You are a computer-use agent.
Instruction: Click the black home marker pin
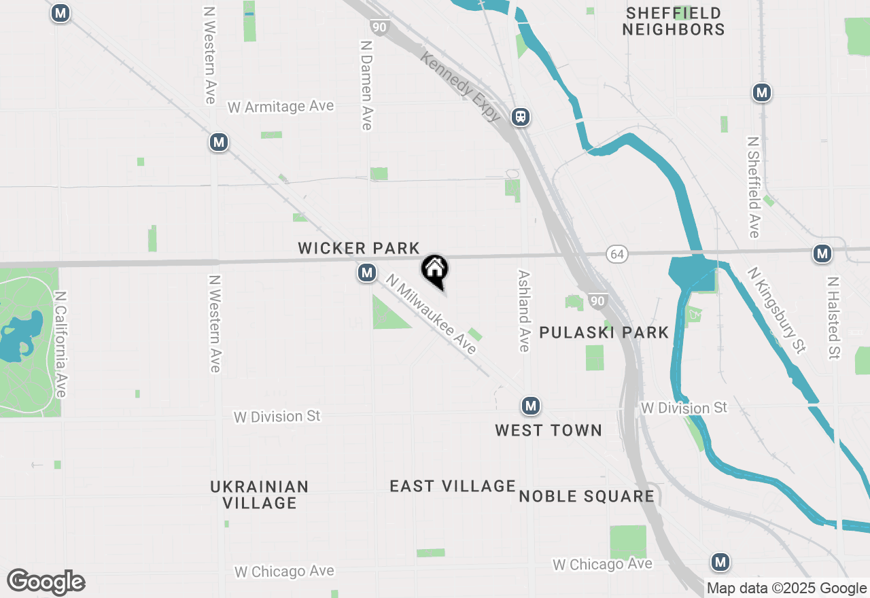(434, 270)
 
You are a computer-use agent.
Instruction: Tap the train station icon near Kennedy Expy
(521, 117)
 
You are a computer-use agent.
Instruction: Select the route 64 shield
(617, 254)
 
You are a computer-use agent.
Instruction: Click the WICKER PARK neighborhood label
(359, 249)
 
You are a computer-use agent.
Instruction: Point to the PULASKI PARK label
(604, 332)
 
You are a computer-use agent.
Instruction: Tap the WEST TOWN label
(549, 430)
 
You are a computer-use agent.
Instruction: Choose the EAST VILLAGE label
(453, 486)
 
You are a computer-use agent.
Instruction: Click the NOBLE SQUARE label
(587, 496)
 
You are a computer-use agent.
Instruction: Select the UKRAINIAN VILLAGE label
(260, 495)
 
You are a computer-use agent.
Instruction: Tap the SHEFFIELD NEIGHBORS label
(674, 21)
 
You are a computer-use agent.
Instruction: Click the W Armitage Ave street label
(281, 107)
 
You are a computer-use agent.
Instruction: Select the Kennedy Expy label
(461, 86)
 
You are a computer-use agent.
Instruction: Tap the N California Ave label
(60, 345)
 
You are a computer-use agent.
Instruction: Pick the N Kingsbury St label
(777, 310)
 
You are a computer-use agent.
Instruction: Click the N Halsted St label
(833, 317)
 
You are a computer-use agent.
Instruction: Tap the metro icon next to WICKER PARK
(367, 273)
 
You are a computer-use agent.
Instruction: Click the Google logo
(46, 582)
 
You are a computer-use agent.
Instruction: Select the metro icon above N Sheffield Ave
(762, 93)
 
